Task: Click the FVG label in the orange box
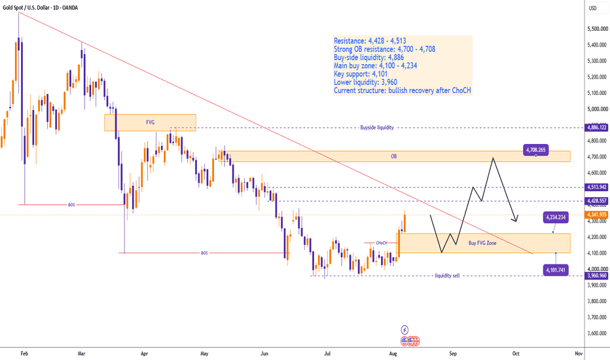pos(150,122)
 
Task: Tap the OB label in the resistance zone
pos(394,156)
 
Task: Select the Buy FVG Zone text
pos(482,243)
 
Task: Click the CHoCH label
pos(382,243)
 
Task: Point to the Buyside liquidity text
pos(376,127)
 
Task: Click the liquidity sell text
pos(447,276)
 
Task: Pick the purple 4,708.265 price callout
pos(535,149)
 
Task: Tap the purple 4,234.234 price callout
pos(556,217)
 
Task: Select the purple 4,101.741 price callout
pos(556,270)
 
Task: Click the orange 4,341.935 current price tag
pos(596,215)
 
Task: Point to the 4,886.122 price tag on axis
pos(596,127)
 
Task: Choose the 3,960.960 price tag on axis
pos(596,276)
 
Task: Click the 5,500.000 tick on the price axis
pos(598,29)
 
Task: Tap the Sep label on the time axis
pos(453,353)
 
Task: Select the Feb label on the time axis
pos(24,353)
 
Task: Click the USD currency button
pos(592,8)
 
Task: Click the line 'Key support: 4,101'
pos(361,74)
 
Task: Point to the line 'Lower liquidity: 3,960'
pos(366,82)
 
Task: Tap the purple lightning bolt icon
pos(404,330)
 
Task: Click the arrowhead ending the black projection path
pos(516,219)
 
